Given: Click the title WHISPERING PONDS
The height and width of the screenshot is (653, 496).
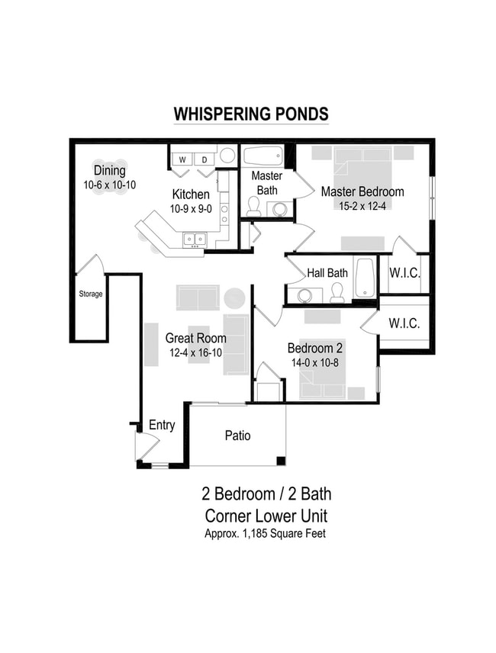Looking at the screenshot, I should [x=251, y=114].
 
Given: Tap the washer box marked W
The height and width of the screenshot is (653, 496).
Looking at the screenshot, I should [x=184, y=159].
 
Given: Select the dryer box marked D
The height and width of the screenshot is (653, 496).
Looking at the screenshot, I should [x=205, y=159].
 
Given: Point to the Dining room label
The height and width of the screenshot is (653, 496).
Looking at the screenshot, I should [x=110, y=170].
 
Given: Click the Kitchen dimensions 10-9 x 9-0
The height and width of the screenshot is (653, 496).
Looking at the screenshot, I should [x=190, y=208].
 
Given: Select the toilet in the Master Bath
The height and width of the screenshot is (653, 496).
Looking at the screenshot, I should [x=253, y=206].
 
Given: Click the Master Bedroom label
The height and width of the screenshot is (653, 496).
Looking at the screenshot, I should [x=362, y=191].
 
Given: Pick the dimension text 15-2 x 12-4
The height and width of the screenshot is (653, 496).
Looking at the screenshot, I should [x=362, y=205].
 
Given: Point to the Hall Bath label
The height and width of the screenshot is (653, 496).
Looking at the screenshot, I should [x=327, y=272].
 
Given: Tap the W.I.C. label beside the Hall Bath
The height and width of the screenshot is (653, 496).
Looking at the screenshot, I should [x=404, y=273].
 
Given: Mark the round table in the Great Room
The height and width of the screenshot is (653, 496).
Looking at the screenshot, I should [x=234, y=298].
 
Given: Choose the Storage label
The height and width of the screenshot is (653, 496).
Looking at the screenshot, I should [x=89, y=294].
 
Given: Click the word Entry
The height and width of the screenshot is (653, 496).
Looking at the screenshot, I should [x=162, y=425].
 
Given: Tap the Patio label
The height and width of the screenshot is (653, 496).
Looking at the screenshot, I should [x=237, y=436].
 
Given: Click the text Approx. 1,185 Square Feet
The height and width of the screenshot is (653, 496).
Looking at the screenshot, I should [x=265, y=534].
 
